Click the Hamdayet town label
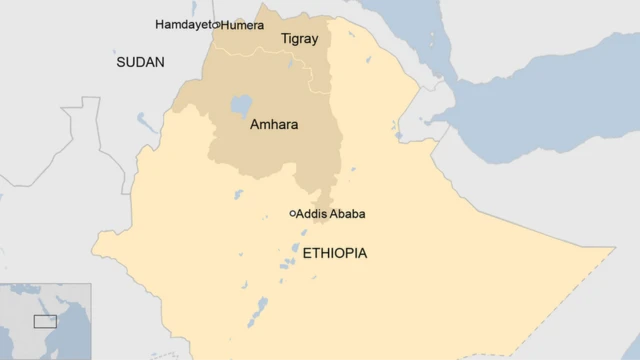(x=183, y=24)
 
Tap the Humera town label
(x=243, y=24)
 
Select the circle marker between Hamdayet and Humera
(x=216, y=24)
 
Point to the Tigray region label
(x=299, y=39)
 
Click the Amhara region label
(x=273, y=126)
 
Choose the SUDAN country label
(x=139, y=62)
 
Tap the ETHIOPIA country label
(x=334, y=253)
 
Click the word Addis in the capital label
(x=312, y=214)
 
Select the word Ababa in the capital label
(x=346, y=214)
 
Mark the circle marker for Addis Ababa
(x=293, y=213)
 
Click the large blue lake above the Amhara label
(x=240, y=104)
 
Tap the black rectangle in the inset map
(x=45, y=321)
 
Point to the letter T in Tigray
(x=284, y=39)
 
